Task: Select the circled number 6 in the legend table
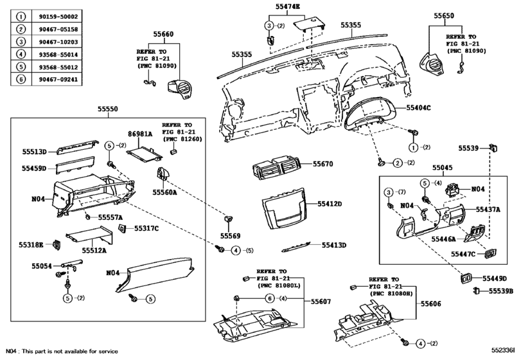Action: click(x=21, y=81)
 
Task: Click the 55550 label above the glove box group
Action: click(x=107, y=110)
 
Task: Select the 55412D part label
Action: click(x=330, y=204)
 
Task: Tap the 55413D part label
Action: click(x=334, y=245)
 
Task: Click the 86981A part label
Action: click(x=139, y=134)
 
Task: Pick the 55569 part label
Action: click(x=230, y=235)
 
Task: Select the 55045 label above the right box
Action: click(x=442, y=167)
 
